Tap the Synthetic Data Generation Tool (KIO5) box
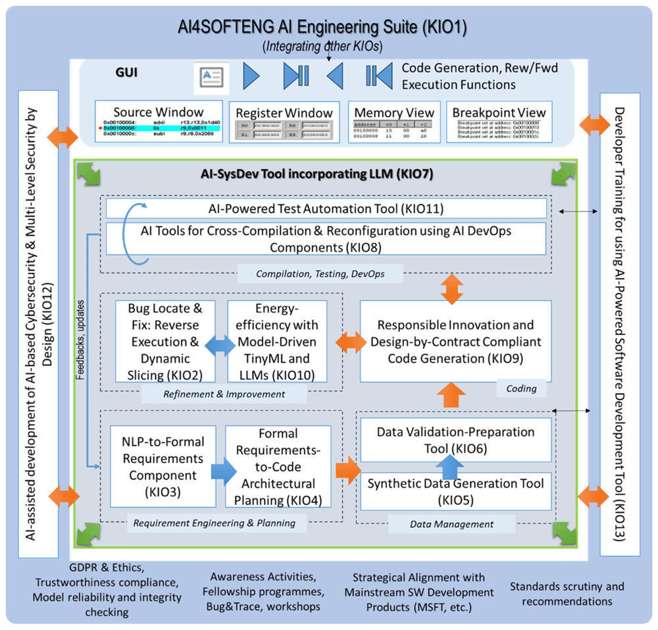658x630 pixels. (x=455, y=491)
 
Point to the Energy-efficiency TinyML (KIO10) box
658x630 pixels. (x=277, y=342)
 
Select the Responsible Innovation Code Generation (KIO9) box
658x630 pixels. (x=455, y=341)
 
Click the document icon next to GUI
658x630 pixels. (x=211, y=78)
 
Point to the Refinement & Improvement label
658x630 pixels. (x=224, y=394)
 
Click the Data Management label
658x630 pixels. (x=451, y=524)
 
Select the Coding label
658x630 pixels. (x=522, y=388)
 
